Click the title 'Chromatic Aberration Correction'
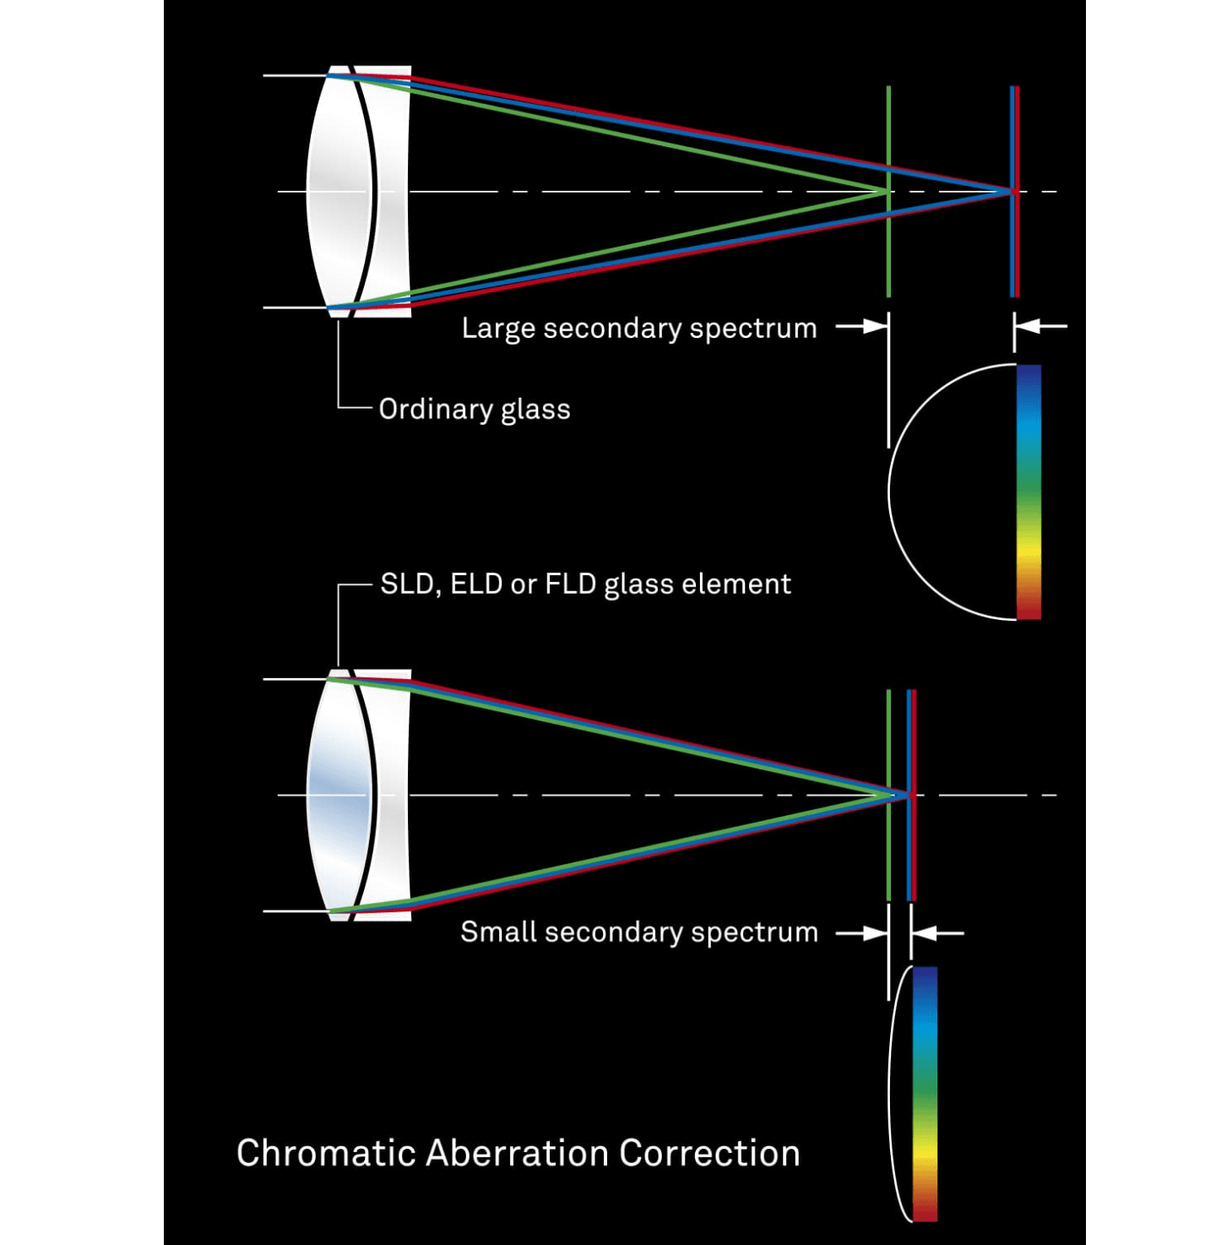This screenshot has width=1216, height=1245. tap(518, 1153)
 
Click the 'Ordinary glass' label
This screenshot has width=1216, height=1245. tap(475, 410)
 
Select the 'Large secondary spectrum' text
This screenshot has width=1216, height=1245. tap(638, 328)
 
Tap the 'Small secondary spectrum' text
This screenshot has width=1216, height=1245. tap(638, 932)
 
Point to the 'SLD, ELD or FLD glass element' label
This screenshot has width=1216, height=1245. tap(585, 584)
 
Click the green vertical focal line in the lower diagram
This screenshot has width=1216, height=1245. tap(888, 853)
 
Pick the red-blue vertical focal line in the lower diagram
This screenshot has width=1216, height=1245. tap(911, 853)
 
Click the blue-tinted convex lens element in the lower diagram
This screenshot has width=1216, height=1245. tap(338, 795)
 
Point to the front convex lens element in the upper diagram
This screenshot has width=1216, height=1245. tap(338, 192)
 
